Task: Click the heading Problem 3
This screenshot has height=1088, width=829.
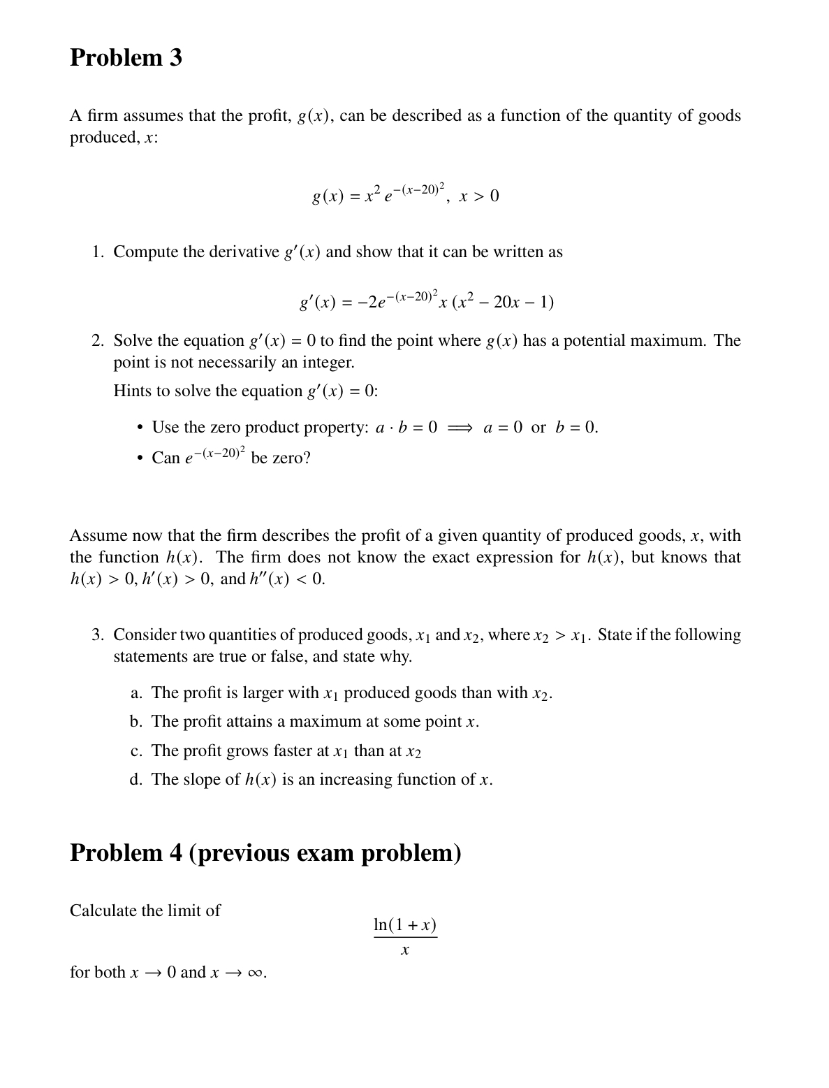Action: pyautogui.click(x=126, y=57)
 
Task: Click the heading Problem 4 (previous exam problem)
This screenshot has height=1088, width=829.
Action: pyautogui.click(x=265, y=853)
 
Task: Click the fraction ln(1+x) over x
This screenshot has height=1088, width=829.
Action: pyautogui.click(x=405, y=936)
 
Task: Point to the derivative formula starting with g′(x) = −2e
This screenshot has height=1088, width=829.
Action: pyautogui.click(x=426, y=300)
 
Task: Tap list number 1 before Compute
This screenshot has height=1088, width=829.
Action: pyautogui.click(x=98, y=252)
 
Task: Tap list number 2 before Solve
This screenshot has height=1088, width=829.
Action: pyautogui.click(x=98, y=341)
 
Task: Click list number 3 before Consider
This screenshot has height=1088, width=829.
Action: pyautogui.click(x=98, y=634)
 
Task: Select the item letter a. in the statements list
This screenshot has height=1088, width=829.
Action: pyautogui.click(x=136, y=692)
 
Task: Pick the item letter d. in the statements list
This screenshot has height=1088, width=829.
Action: pyautogui.click(x=136, y=779)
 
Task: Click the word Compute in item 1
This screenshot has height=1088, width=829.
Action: pyautogui.click(x=145, y=252)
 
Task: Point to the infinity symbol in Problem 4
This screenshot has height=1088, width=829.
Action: pyautogui.click(x=255, y=973)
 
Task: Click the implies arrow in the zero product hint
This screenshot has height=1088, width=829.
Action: pyautogui.click(x=460, y=428)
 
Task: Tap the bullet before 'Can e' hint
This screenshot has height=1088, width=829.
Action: pyautogui.click(x=140, y=458)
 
